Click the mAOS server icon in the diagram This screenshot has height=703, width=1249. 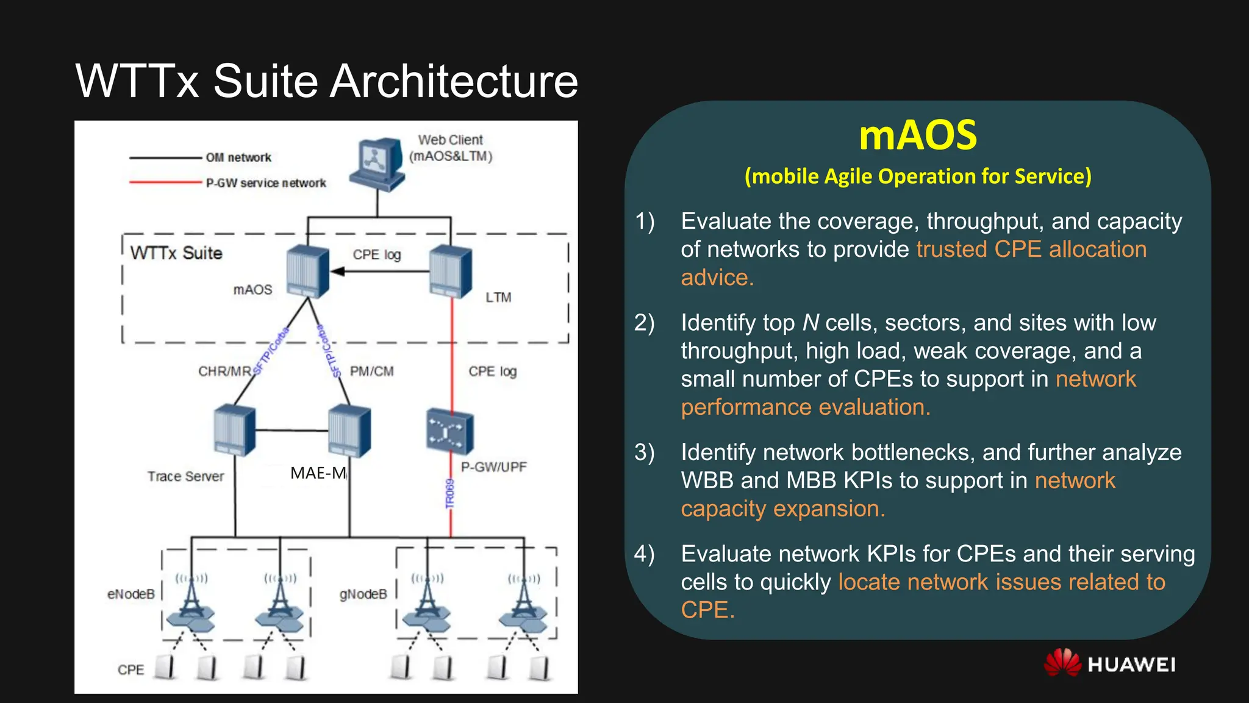pyautogui.click(x=308, y=271)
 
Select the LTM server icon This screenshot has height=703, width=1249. pyautogui.click(x=451, y=271)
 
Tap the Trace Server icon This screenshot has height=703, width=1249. pyautogui.click(x=235, y=430)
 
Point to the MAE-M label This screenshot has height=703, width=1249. pyautogui.click(x=318, y=473)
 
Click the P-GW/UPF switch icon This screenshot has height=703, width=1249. pyautogui.click(x=450, y=431)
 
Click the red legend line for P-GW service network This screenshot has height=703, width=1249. pyautogui.click(x=165, y=182)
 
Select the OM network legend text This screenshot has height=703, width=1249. pyautogui.click(x=238, y=157)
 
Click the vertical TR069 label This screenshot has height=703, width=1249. pyautogui.click(x=450, y=493)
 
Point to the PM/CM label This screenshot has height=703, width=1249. pyautogui.click(x=371, y=371)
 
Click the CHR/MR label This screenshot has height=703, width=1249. pyautogui.click(x=224, y=371)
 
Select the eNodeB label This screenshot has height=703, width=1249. pyautogui.click(x=131, y=594)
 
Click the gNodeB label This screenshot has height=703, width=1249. pyautogui.click(x=363, y=594)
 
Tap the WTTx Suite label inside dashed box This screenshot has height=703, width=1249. pyautogui.click(x=176, y=253)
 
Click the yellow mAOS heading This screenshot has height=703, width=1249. pyautogui.click(x=918, y=135)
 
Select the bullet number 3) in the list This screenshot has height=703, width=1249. pyautogui.click(x=645, y=452)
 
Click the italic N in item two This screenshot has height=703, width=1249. pyautogui.click(x=811, y=322)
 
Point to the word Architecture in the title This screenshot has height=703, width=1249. pyautogui.click(x=454, y=81)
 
